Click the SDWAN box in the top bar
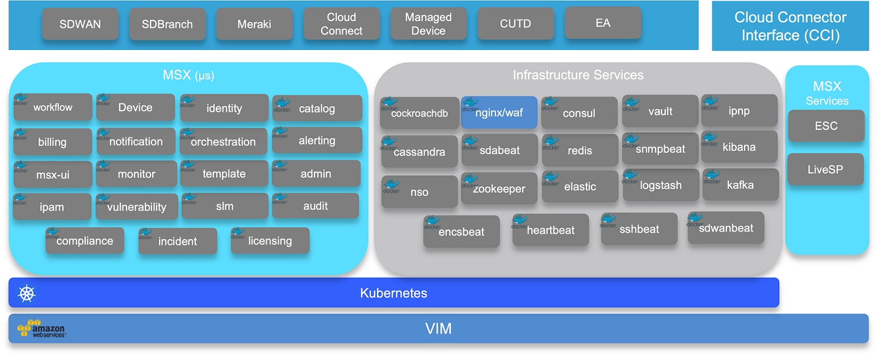pos(80,24)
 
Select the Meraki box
pos(254,24)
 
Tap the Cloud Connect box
pos(341,24)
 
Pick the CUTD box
pos(515,24)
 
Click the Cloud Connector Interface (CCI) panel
pos(790,26)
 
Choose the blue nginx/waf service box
pos(499,112)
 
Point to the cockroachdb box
pos(419,113)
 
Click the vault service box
pos(660,111)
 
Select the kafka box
pos(740,185)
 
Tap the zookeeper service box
pos(499,189)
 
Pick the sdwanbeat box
pos(726,228)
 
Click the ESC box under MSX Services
pos(826,126)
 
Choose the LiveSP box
pos(825,169)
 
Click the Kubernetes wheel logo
pos(27,293)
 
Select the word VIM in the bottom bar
pos(438,328)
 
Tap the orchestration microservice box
pos(223,142)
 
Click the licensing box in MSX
pos(270,241)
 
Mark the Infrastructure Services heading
pos(578,75)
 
